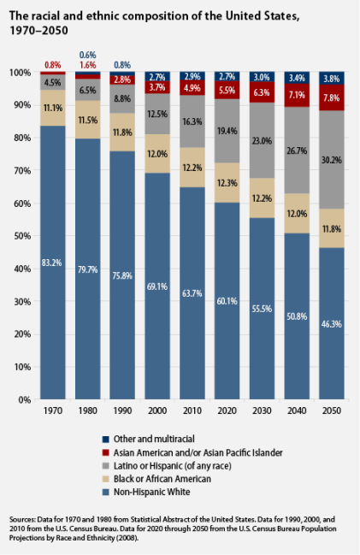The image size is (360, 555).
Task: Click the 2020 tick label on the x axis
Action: [x=227, y=410]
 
